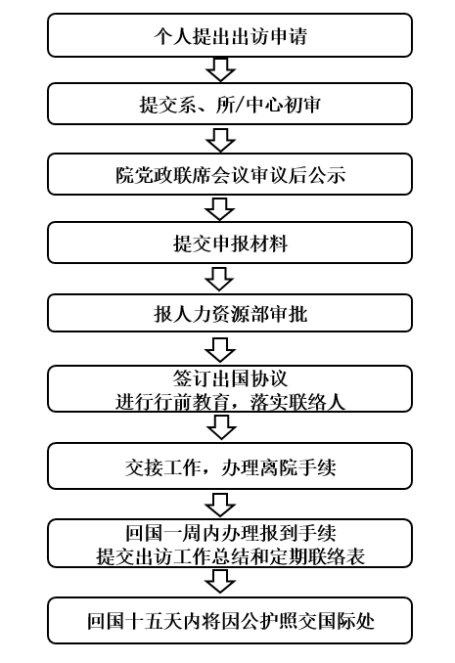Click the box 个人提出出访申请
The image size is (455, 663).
point(230,35)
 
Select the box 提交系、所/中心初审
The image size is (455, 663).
point(230,104)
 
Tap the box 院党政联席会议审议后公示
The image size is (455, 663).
point(230,174)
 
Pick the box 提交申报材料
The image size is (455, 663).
point(230,243)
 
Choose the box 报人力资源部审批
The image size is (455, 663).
point(230,313)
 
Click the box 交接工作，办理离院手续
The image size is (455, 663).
point(230,466)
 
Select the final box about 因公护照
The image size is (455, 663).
point(230,620)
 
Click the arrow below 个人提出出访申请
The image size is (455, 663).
point(220,69)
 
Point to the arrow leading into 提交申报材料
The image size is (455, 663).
point(219,209)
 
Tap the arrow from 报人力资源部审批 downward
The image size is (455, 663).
point(220,349)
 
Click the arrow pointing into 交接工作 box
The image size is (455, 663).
point(221,427)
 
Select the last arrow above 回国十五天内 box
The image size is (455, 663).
point(220,581)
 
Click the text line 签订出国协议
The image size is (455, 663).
point(230,378)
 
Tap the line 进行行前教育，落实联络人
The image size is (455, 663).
point(230,401)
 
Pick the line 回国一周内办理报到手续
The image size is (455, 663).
point(231,533)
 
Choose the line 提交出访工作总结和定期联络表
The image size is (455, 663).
point(231,556)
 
